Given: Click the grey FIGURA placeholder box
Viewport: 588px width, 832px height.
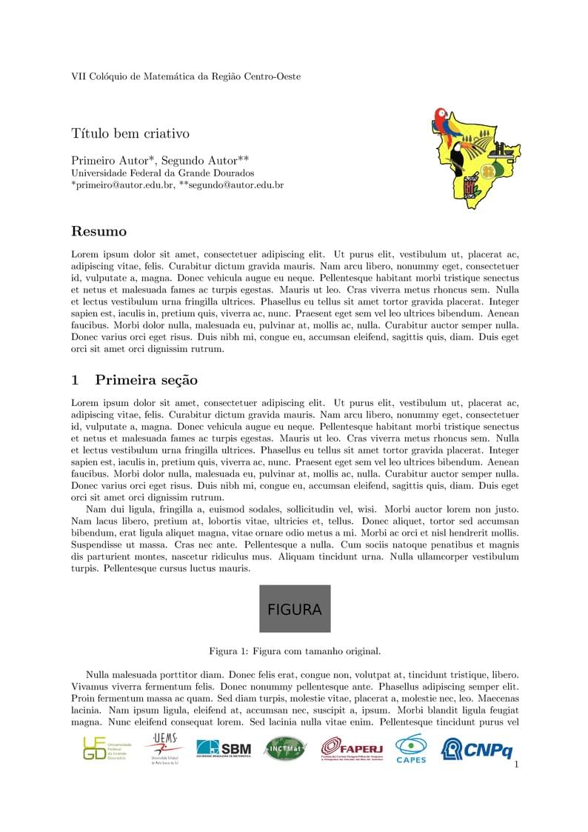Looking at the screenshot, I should pos(295,609).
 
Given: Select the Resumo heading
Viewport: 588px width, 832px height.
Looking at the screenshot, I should pos(98,232).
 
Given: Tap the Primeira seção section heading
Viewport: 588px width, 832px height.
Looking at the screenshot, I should pos(146,380).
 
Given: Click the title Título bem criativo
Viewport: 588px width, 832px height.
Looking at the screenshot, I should pos(130,134).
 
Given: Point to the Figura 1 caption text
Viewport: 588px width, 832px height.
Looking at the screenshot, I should pos(295,652).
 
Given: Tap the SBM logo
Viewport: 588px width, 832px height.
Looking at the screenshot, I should pos(224,748).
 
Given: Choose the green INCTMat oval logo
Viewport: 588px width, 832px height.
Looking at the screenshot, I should pos(285,748).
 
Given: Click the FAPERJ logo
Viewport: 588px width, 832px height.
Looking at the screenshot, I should pos(352,749).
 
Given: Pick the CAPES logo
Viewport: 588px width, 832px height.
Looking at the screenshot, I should pos(411,748).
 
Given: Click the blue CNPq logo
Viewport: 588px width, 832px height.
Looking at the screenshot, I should pos(477,749).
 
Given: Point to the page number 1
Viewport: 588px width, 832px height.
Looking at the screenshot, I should pos(516,765).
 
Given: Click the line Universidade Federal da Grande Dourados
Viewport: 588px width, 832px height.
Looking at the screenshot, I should pos(162,173).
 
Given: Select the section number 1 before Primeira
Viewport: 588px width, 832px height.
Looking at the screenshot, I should pos(75,380).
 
